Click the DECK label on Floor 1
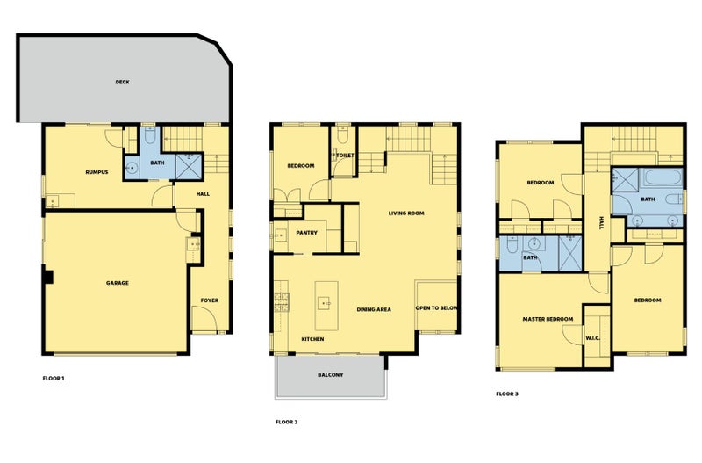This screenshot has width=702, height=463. tap(122, 82)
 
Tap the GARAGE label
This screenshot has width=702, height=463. tap(118, 283)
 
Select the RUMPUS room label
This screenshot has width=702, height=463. tap(97, 172)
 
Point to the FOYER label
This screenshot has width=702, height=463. tap(210, 300)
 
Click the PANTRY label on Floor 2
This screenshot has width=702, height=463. tap(306, 233)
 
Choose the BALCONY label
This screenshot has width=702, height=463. tap(331, 374)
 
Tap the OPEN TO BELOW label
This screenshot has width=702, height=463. tap(436, 307)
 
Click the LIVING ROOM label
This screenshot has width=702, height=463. tap(406, 213)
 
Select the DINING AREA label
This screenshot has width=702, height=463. tap(374, 309)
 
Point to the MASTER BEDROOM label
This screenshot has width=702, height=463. tap(548, 319)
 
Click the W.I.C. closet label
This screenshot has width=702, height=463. tap(593, 338)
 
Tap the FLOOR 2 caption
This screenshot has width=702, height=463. tap(287, 423)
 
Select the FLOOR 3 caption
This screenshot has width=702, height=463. tap(507, 394)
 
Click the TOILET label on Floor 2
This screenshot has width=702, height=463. tap(345, 156)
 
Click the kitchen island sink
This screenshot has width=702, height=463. tap(324, 303)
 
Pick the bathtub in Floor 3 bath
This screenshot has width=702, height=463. tap(663, 177)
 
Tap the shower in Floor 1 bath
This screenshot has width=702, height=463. tap(189, 166)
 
